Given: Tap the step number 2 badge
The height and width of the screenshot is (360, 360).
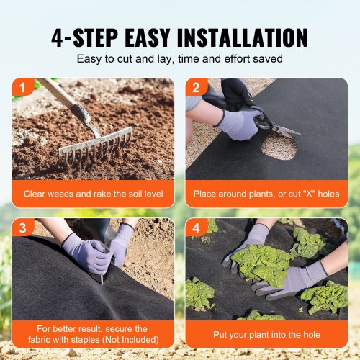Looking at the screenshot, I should pyautogui.click(x=195, y=88).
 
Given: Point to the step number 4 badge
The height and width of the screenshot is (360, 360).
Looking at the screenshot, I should pyautogui.click(x=195, y=228).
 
